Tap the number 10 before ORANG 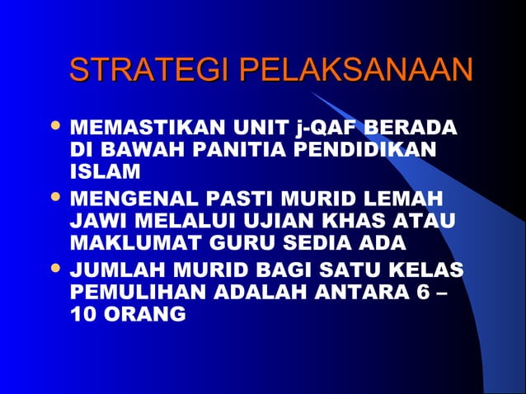click(x=83, y=314)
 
